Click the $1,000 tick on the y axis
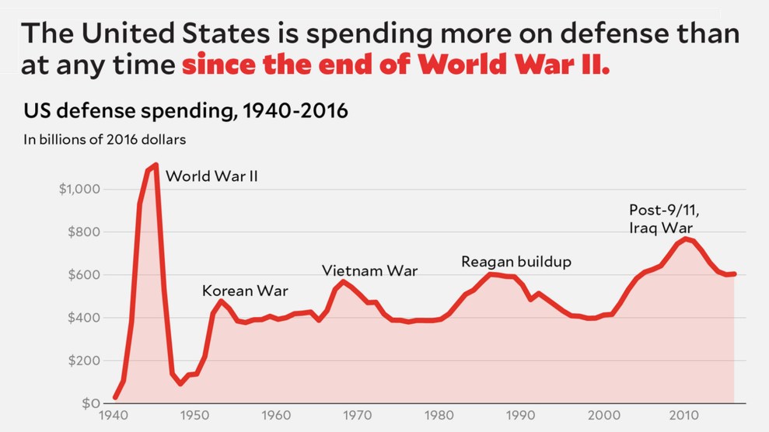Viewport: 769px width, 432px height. [78, 190]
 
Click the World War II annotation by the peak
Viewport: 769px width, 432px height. [211, 176]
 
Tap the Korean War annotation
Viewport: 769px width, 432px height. [245, 291]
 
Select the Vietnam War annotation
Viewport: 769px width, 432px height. [369, 271]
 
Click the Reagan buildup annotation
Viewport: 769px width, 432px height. [516, 262]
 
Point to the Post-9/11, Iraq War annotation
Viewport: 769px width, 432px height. [661, 218]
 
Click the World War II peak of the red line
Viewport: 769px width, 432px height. [156, 165]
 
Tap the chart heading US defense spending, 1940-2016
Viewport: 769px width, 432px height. [186, 112]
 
